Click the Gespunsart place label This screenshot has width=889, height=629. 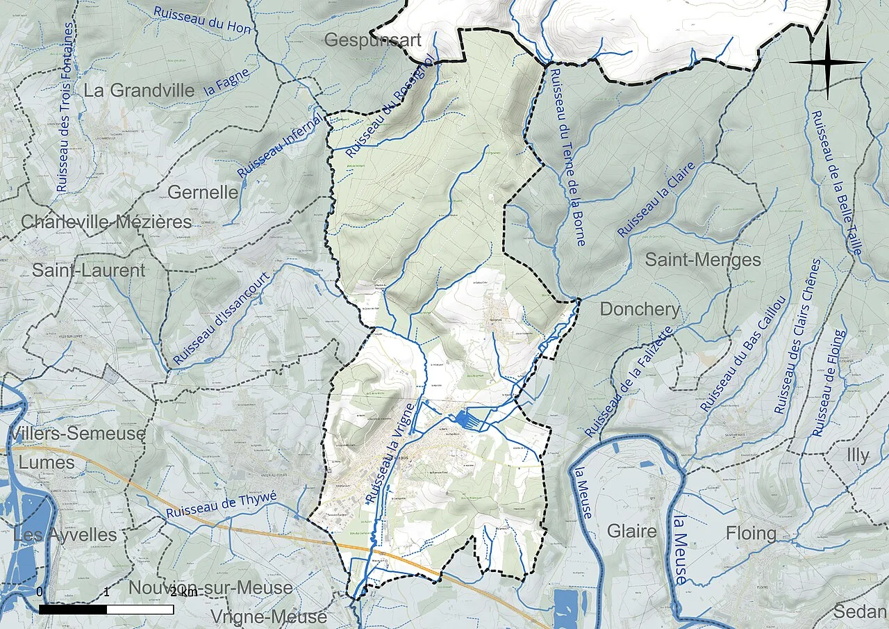[x=373, y=40]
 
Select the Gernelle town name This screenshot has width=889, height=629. [x=203, y=192]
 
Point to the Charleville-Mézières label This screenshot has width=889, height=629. [x=106, y=222]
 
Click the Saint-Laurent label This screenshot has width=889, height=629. [x=88, y=270]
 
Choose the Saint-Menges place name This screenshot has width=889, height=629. [x=703, y=260]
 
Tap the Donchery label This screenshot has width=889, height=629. [x=640, y=309]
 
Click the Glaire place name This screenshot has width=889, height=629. [x=631, y=532]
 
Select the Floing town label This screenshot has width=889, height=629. [x=751, y=533]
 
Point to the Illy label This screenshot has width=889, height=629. [x=858, y=455]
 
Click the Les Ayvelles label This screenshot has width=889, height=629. [x=65, y=534]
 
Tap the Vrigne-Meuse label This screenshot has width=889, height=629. [x=268, y=616]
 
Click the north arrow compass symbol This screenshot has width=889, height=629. [x=827, y=62]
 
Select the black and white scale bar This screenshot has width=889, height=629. [x=106, y=609]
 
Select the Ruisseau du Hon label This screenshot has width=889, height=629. [x=201, y=19]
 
